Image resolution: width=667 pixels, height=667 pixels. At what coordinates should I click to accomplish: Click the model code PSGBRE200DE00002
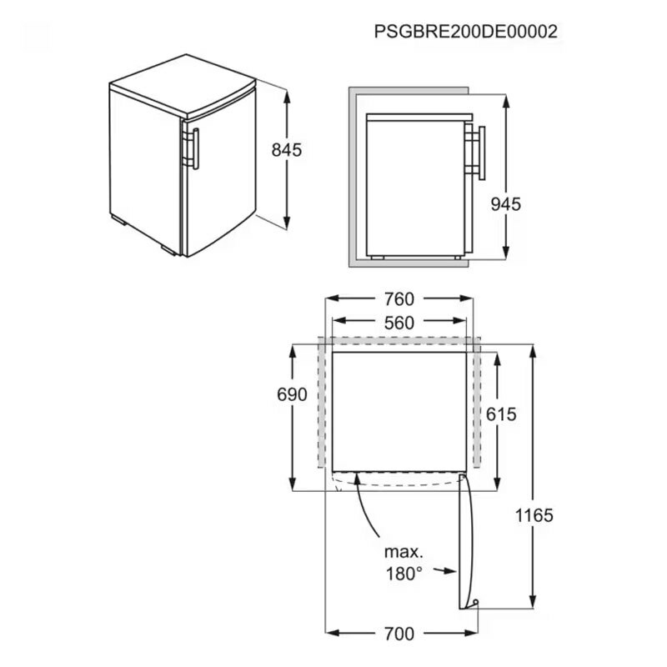point(466,32)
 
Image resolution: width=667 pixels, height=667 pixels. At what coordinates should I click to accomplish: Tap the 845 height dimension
point(287,150)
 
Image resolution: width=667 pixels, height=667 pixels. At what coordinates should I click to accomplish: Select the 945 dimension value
point(506,204)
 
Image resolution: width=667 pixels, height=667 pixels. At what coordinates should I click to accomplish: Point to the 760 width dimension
point(399,299)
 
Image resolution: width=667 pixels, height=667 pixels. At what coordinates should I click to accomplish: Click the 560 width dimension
point(399,323)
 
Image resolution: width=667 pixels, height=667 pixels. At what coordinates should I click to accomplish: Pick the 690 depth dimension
point(292,394)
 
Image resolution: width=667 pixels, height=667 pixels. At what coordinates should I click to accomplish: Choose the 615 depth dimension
point(501,414)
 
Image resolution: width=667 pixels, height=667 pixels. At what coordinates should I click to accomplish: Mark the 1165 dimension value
point(534,515)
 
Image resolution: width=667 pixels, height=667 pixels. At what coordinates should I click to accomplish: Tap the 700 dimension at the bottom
point(399,634)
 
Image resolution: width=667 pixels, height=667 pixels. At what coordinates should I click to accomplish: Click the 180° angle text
point(404,574)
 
